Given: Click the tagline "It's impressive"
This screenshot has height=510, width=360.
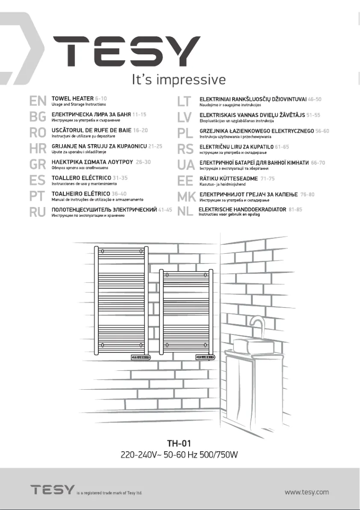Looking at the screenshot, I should (178, 80).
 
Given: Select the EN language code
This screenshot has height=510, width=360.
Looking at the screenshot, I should (37, 101).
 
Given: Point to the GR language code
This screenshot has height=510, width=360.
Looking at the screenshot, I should (37, 164).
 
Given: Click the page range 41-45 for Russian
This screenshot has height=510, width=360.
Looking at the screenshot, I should (165, 210).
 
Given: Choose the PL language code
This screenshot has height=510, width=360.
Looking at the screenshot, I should (185, 133).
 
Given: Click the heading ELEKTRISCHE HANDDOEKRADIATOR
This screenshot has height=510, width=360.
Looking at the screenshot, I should (242, 210).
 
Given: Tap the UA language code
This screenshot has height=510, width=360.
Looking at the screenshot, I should (185, 165).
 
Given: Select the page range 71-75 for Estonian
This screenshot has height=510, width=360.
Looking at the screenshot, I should (268, 178).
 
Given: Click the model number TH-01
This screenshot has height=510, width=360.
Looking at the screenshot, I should (179, 443).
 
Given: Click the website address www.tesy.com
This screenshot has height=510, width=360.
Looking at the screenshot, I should (307, 492).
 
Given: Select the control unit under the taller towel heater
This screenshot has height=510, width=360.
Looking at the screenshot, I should (140, 357).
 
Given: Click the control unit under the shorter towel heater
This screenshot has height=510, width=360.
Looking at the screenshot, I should (205, 357).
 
